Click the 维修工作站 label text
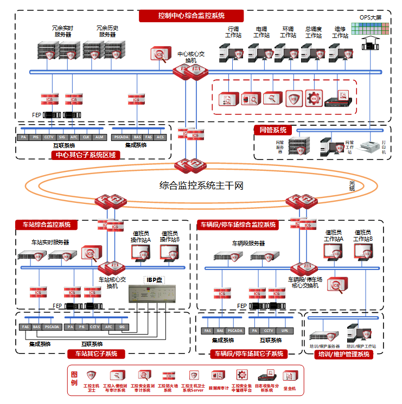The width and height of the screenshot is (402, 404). click(340, 32)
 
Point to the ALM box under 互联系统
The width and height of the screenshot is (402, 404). click(99, 137)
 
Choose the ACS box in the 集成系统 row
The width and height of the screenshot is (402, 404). click(161, 137)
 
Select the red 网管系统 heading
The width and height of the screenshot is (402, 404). click(273, 130)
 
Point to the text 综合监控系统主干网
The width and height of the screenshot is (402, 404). click(201, 186)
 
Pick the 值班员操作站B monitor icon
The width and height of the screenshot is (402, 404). click(169, 253)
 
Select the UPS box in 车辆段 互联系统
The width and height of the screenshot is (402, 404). click(284, 330)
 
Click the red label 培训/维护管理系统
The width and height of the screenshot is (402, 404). click(343, 354)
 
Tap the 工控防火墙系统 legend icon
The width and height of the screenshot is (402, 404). click(168, 375)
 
